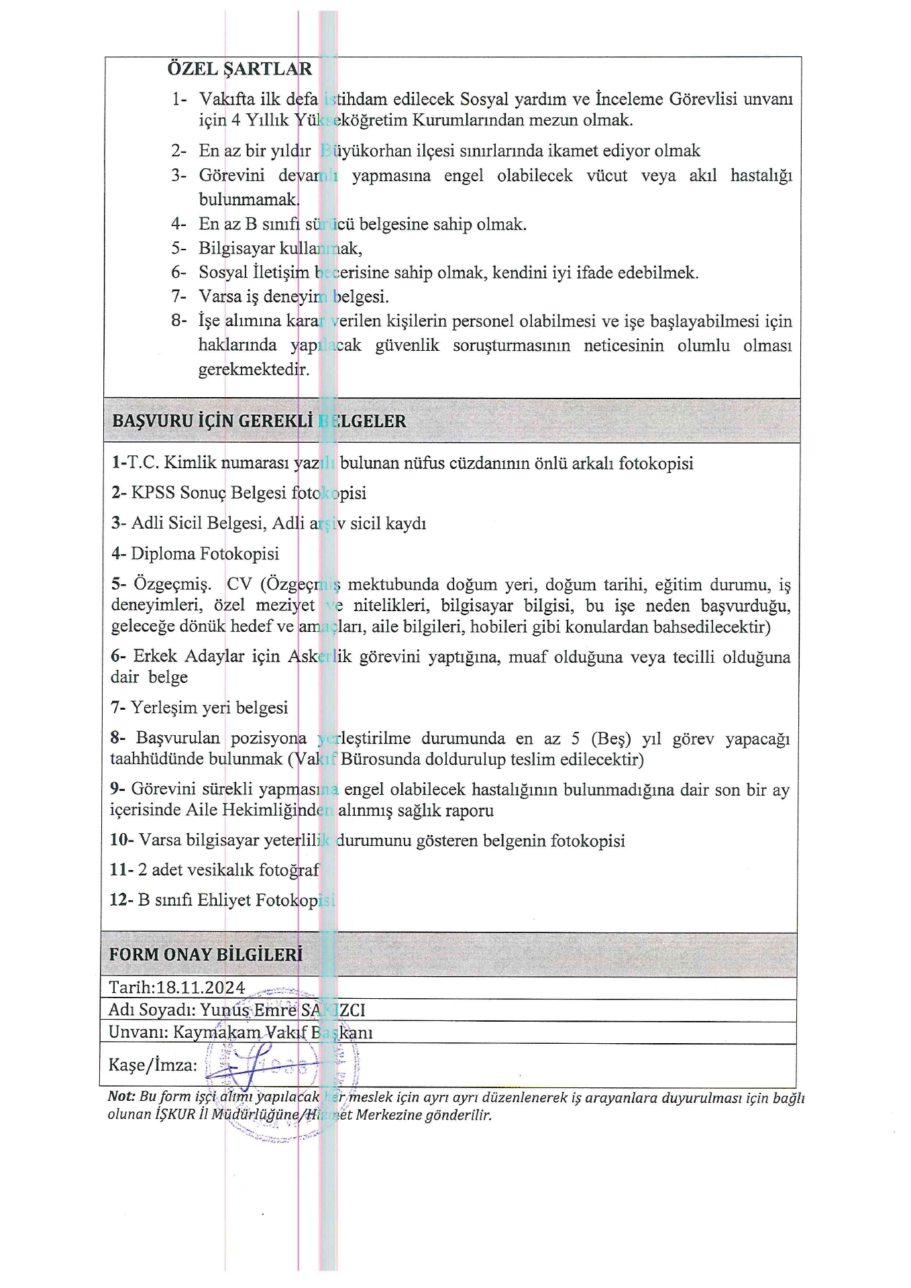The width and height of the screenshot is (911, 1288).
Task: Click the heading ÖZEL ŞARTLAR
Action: [x=239, y=69]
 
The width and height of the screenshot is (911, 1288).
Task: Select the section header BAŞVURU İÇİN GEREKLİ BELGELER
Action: [x=259, y=421]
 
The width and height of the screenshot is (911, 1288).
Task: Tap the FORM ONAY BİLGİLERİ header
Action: [x=205, y=954]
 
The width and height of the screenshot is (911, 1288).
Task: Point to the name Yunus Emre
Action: [x=248, y=1010]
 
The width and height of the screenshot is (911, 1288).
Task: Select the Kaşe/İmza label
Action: [x=153, y=1065]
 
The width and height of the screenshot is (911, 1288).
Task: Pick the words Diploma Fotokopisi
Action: [x=205, y=553]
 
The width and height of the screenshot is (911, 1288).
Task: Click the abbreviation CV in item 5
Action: [x=237, y=584]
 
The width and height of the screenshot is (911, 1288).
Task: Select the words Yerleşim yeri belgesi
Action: [x=209, y=708]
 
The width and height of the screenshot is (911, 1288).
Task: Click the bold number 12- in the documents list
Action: [x=121, y=900]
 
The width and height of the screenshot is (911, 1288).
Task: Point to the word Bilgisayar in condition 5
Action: [x=236, y=248]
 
